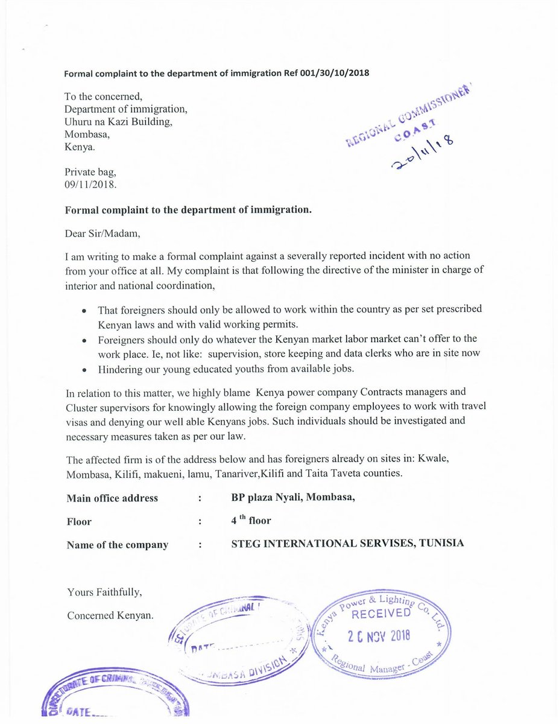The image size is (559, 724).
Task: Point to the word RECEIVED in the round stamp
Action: (381, 614)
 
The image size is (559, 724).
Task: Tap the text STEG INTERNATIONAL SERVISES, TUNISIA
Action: (347, 543)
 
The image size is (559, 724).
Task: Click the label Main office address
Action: (112, 498)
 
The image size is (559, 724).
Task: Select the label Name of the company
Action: (118, 545)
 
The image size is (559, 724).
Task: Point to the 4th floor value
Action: (251, 520)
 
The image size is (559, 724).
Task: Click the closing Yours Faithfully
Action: (104, 592)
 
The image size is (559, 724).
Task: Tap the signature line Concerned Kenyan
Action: (110, 615)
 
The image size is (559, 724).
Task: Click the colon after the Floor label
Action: (199, 521)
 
